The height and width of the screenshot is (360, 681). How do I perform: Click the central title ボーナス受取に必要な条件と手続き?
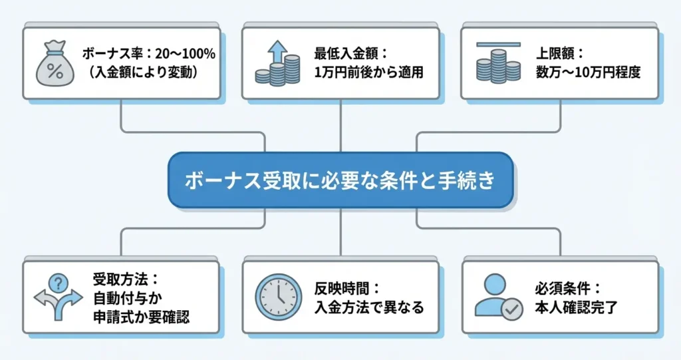[340, 181]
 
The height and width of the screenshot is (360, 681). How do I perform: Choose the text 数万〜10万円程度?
[588, 73]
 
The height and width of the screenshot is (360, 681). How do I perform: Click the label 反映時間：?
[346, 289]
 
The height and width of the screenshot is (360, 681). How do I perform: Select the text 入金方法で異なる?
[369, 307]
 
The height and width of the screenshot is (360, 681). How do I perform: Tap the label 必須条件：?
[567, 289]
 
